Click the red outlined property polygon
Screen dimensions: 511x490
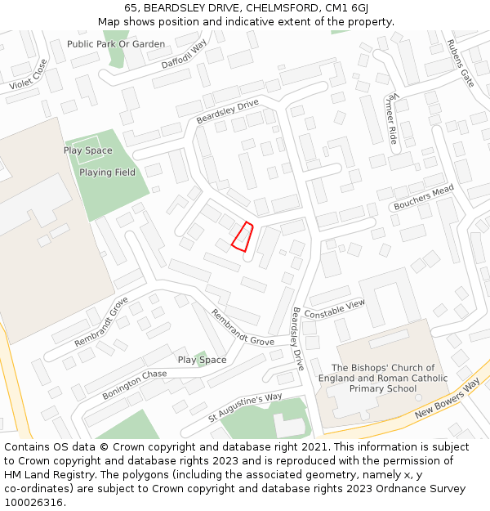pyautogui.click(x=243, y=236)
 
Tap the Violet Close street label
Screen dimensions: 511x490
pyautogui.click(x=29, y=74)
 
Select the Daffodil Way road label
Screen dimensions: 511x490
pyautogui.click(x=185, y=52)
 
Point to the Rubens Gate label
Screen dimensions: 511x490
pyautogui.click(x=460, y=63)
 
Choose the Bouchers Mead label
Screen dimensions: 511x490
pyautogui.click(x=423, y=197)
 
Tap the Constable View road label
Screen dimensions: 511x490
pyautogui.click(x=335, y=309)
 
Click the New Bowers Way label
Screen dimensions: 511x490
pyautogui.click(x=447, y=398)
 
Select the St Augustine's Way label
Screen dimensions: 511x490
pyautogui.click(x=245, y=406)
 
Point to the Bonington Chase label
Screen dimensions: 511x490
pyautogui.click(x=135, y=384)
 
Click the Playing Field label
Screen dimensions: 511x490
pyautogui.click(x=107, y=173)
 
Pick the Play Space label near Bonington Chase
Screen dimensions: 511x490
pyautogui.click(x=202, y=360)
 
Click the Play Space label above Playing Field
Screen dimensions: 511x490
pyautogui.click(x=88, y=150)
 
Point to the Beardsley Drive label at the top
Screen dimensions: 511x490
pyautogui.click(x=227, y=111)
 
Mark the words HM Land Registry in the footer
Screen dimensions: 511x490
pyautogui.click(x=42, y=474)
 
